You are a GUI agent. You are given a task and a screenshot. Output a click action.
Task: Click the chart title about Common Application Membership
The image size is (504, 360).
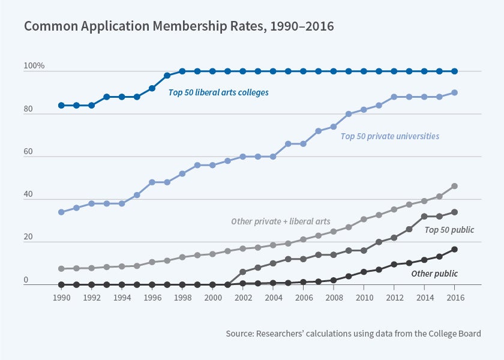pyautogui.click(x=178, y=27)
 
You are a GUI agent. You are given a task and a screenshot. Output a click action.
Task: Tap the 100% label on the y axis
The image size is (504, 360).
pyautogui.click(x=34, y=65)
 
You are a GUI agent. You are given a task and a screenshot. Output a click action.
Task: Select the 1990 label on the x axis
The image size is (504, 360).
pyautogui.click(x=61, y=297)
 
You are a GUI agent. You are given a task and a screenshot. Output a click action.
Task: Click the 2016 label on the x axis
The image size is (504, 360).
pyautogui.click(x=454, y=297)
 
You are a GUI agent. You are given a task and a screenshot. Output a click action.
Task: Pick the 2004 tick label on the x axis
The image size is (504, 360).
pyautogui.click(x=273, y=297)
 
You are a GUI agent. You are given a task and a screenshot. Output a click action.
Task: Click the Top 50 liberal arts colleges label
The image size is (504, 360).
pyautogui.click(x=218, y=93)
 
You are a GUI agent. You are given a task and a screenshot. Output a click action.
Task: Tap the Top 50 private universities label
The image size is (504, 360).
pyautogui.click(x=390, y=136)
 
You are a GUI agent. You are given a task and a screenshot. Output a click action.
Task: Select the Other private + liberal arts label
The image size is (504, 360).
pyautogui.click(x=281, y=222)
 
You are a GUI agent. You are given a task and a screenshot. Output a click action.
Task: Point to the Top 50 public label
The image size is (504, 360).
pyautogui.click(x=449, y=230)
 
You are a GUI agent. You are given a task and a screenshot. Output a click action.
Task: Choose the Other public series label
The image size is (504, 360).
pyautogui.click(x=434, y=274)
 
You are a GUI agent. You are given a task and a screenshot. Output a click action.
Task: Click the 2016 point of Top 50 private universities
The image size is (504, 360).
pyautogui.click(x=454, y=92)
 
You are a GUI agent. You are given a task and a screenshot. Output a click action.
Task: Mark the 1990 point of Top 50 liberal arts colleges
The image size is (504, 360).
pyautogui.click(x=61, y=106)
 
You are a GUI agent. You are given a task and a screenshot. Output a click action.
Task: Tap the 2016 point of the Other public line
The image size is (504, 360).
pyautogui.click(x=454, y=249)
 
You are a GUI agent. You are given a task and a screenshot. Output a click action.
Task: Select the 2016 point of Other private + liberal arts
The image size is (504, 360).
pyautogui.click(x=454, y=186)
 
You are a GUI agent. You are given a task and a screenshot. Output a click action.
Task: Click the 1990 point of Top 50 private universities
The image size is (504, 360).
pyautogui.click(x=61, y=212)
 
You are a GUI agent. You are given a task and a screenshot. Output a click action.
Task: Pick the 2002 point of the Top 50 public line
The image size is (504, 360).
pyautogui.click(x=242, y=272)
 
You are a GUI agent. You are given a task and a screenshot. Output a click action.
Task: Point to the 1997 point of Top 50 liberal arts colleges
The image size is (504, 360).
pyautogui.click(x=167, y=76)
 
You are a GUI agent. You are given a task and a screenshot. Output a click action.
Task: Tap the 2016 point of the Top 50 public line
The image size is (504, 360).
pyautogui.click(x=454, y=212)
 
